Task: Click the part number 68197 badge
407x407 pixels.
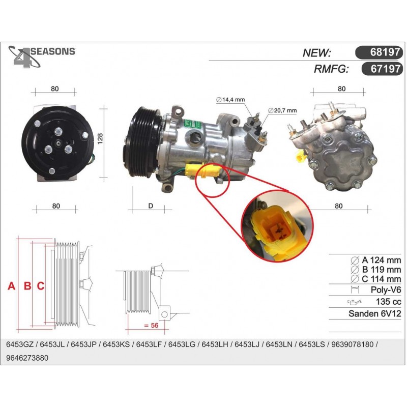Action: click(x=379, y=52)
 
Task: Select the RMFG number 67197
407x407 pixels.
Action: click(x=382, y=69)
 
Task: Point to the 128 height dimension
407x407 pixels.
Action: click(x=100, y=139)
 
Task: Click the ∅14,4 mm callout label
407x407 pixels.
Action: click(x=230, y=100)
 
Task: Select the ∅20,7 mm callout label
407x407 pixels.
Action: click(x=282, y=110)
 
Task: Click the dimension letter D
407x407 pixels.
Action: click(x=151, y=206)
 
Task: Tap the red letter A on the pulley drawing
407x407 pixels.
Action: click(x=12, y=286)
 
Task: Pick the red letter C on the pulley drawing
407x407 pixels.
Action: click(x=41, y=286)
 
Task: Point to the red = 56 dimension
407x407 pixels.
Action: click(x=151, y=325)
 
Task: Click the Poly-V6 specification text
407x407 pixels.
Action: click(x=386, y=289)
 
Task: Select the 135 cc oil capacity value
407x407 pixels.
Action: click(x=389, y=302)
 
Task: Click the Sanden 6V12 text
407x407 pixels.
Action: click(x=375, y=313)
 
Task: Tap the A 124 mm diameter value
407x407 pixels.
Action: click(x=381, y=260)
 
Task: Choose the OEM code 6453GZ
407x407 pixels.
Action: click(x=20, y=344)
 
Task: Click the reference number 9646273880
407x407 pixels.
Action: click(x=27, y=358)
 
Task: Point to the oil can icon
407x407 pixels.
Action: click(x=355, y=302)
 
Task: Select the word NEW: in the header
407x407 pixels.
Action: click(x=316, y=53)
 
